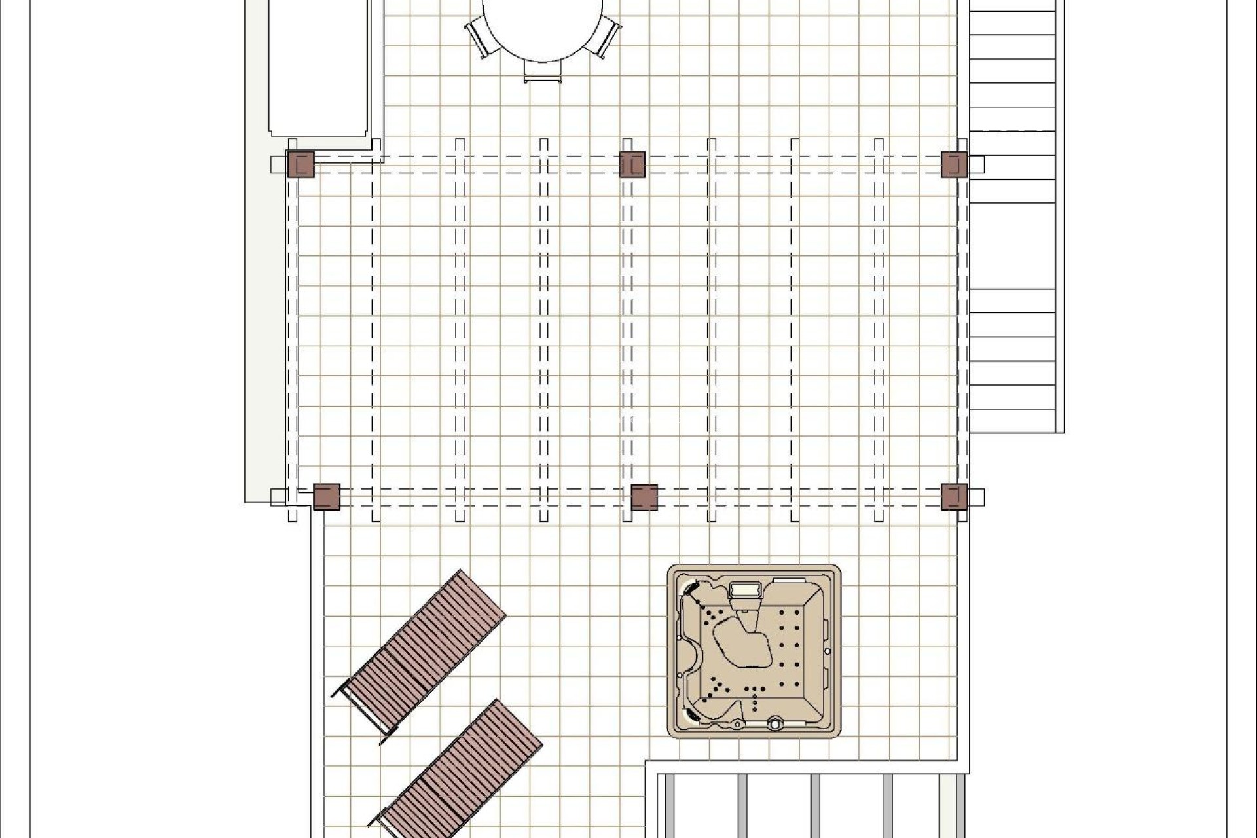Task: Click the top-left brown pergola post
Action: coord(301,164)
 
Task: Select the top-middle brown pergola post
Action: coord(632,164)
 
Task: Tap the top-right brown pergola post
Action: coord(954,164)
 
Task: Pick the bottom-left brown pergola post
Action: coord(327,497)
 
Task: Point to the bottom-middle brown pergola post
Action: coord(644,497)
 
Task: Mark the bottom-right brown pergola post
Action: coord(954,497)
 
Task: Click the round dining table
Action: coord(543,26)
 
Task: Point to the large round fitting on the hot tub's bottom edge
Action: coord(776,724)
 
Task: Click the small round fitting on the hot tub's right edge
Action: coord(828,651)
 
